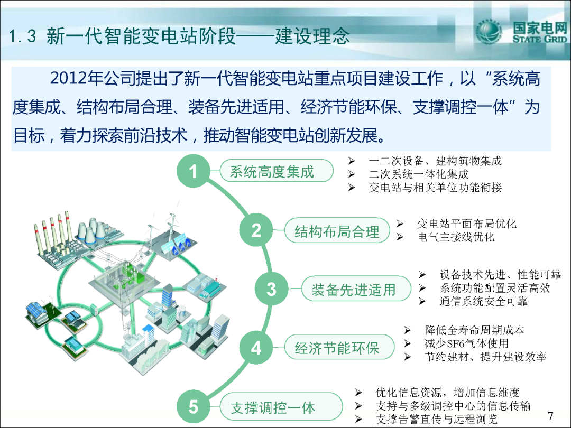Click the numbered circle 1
pyautogui.click(x=194, y=171)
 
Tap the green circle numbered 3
pyautogui.click(x=271, y=289)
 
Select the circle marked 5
pyautogui.click(x=194, y=406)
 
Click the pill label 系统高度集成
pyautogui.click(x=277, y=171)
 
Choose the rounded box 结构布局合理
pyautogui.click(x=337, y=231)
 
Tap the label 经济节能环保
pyautogui.click(x=339, y=348)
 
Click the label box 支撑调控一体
pyautogui.click(x=281, y=407)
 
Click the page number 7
pyautogui.click(x=550, y=416)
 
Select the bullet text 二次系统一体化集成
pyautogui.click(x=419, y=174)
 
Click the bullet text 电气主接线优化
pyautogui.click(x=456, y=237)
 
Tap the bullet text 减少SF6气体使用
pyautogui.click(x=466, y=343)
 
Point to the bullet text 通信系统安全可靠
pyautogui.click(x=484, y=301)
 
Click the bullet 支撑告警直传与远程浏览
pyautogui.click(x=436, y=419)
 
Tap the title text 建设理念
pyautogui.click(x=312, y=36)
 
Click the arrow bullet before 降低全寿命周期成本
pyautogui.click(x=408, y=330)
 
